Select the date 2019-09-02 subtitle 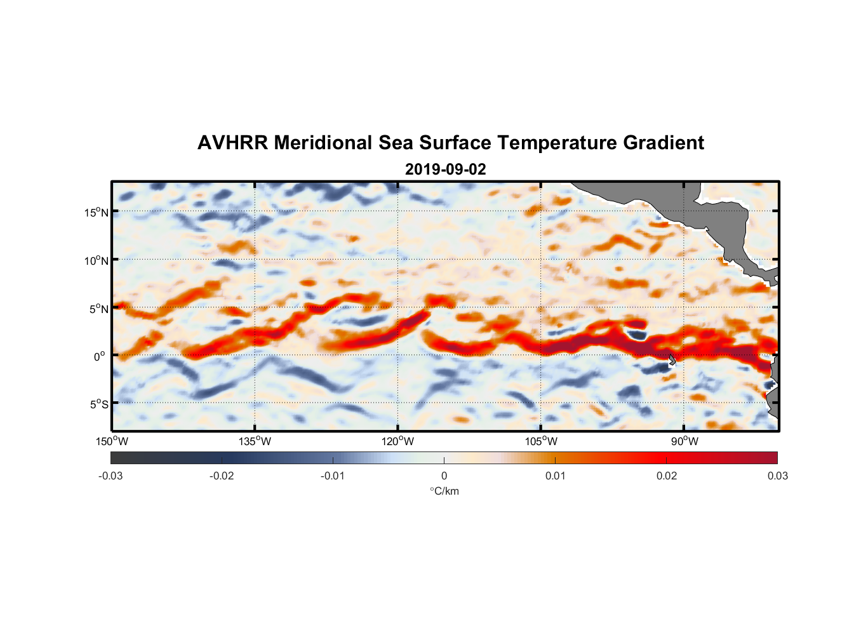point(445,170)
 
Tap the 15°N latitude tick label point(96,212)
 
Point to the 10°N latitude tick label point(96,260)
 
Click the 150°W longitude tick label point(112,441)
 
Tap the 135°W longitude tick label point(255,441)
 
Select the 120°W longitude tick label point(398,441)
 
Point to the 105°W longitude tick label point(541,441)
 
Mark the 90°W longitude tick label point(684,441)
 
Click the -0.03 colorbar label point(110,476)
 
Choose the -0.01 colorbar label point(333,476)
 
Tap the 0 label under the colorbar point(444,476)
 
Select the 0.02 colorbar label point(667,476)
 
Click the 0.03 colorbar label point(777,476)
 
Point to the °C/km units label point(444,491)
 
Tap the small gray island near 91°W point(672,359)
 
